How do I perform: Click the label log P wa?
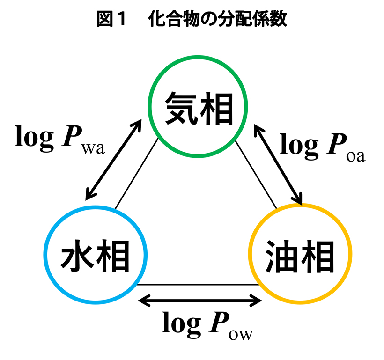[x=60, y=139]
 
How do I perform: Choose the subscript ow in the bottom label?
[x=241, y=334]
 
